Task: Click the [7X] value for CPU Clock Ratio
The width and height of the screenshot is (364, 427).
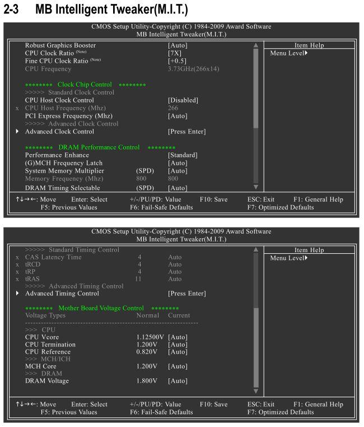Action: click(x=175, y=53)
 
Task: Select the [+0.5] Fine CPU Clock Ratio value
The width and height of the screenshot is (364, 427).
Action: click(x=177, y=61)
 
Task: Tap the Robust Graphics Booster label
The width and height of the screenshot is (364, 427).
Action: click(x=60, y=45)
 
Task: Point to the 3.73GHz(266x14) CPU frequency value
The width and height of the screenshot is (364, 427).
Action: click(x=194, y=68)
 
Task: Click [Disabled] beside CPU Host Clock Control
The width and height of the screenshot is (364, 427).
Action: click(x=183, y=100)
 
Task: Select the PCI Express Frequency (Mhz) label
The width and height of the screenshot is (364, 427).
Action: click(x=69, y=115)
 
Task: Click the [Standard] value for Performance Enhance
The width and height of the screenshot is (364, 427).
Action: click(x=183, y=155)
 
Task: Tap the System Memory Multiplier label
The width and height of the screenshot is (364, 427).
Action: click(x=64, y=170)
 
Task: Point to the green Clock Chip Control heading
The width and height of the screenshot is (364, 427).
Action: click(x=85, y=84)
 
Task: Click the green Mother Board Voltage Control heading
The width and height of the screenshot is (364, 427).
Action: click(x=101, y=308)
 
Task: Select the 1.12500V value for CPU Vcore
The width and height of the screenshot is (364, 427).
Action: click(x=150, y=336)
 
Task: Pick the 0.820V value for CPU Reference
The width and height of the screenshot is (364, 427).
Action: click(x=146, y=351)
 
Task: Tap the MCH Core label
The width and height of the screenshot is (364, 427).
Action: click(x=41, y=366)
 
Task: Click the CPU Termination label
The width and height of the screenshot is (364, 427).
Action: click(x=51, y=344)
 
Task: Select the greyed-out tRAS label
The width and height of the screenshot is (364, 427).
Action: click(x=33, y=279)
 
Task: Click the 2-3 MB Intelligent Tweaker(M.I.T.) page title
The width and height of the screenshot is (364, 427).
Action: click(x=95, y=10)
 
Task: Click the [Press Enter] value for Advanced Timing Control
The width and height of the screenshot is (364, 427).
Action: click(x=186, y=293)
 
